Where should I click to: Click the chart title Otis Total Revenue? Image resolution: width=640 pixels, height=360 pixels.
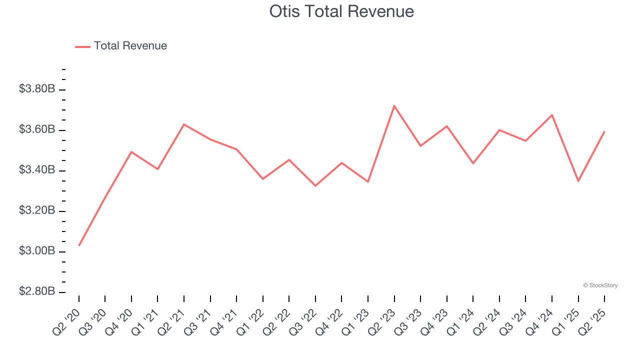click(341, 11)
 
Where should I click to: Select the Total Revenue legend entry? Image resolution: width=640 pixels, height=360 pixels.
click(130, 46)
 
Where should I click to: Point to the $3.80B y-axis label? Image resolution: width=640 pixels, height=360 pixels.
click(37, 89)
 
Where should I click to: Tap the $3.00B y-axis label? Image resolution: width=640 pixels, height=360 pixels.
click(37, 251)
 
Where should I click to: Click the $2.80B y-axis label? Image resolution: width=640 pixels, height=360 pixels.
click(37, 291)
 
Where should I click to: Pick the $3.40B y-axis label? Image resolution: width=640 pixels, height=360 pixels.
click(37, 170)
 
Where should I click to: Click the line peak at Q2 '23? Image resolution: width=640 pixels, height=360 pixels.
click(394, 106)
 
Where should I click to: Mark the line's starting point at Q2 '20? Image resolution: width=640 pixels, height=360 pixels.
click(79, 245)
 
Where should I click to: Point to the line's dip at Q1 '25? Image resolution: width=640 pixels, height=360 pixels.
click(578, 181)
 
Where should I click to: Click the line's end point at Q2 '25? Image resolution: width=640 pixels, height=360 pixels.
click(604, 131)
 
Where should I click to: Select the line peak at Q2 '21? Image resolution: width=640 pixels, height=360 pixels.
click(184, 124)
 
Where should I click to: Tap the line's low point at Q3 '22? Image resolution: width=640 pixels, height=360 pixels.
click(315, 186)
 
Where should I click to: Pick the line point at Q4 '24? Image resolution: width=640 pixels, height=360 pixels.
click(552, 115)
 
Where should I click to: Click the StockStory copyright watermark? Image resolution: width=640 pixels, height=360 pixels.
click(600, 285)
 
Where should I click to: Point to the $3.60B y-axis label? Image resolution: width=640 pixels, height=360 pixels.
click(37, 130)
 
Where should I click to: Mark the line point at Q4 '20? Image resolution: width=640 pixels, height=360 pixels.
click(131, 151)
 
